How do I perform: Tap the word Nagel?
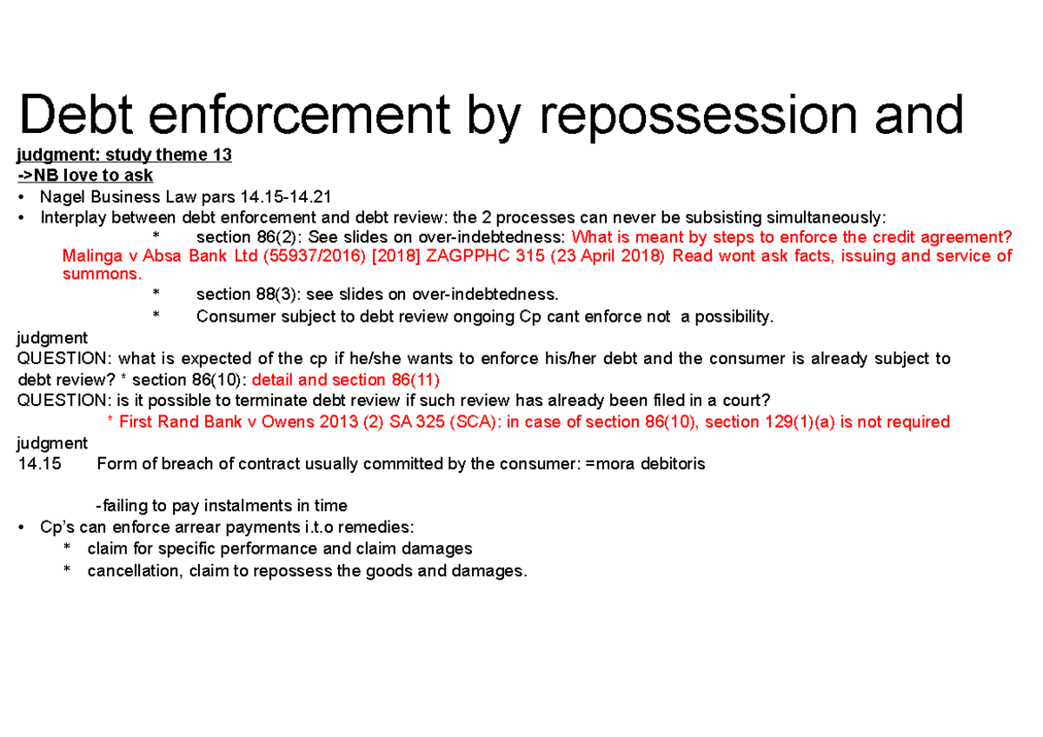62,197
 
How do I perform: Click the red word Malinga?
91,256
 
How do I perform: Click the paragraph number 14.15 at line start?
39,464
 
